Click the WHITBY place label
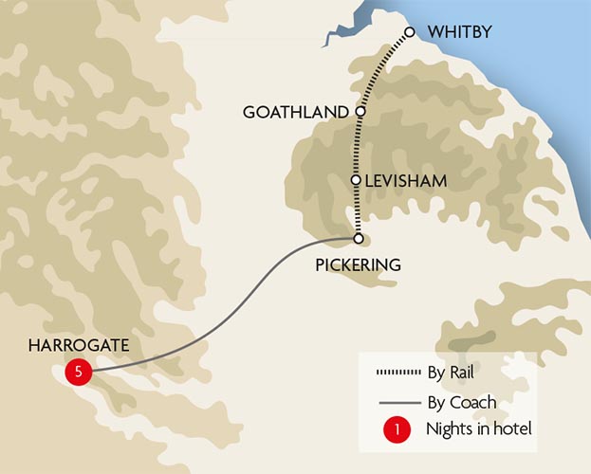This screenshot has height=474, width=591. [458, 32]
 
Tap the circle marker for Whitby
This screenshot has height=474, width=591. [410, 32]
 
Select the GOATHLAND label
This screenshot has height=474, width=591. [296, 112]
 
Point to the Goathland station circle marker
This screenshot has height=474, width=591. [360, 112]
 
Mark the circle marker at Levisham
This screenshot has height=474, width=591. [355, 179]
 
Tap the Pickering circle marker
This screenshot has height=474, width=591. [358, 238]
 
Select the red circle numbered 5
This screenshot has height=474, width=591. [78, 372]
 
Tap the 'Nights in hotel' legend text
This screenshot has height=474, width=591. [479, 429]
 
